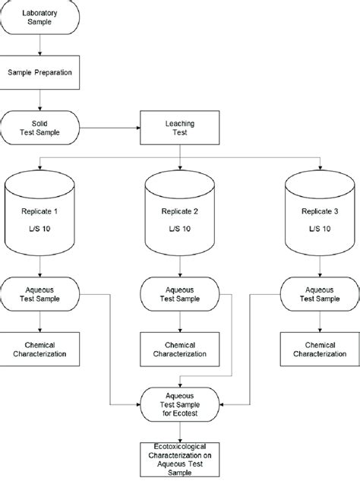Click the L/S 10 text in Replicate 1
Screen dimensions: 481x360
pos(39,229)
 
